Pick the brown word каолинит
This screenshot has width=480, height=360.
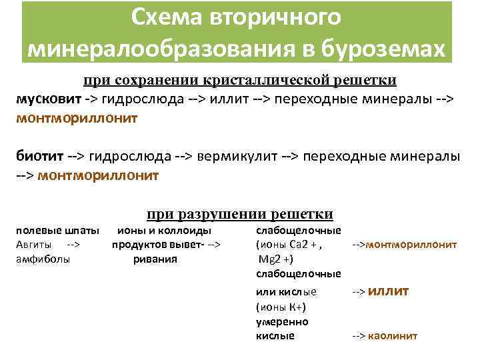[x=392, y=336]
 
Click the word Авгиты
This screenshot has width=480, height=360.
[x=33, y=244]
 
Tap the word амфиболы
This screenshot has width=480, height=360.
[x=43, y=259]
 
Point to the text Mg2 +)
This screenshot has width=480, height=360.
[x=275, y=259]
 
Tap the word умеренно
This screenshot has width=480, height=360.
[x=282, y=321]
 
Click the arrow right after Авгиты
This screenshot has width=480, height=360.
[x=74, y=244]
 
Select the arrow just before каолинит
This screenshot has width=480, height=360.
[x=359, y=336]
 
